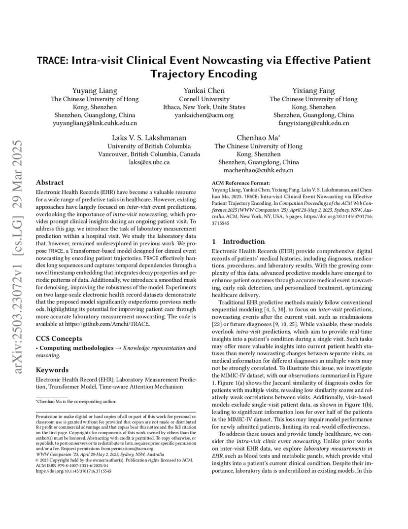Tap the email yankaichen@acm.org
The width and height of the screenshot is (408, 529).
(204, 115)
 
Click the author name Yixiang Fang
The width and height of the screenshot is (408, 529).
(313, 90)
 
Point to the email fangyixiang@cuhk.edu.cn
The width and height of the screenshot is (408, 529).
(313, 123)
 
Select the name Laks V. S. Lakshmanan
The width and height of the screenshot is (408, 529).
(149, 138)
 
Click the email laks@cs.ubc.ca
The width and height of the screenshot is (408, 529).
(149, 162)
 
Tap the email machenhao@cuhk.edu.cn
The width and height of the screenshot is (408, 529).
(258, 170)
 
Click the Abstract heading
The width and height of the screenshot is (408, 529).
(50, 182)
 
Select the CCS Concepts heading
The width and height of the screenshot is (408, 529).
(59, 339)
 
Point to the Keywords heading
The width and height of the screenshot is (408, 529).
(52, 370)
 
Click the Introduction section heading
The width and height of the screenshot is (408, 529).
(243, 241)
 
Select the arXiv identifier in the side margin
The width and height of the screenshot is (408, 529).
(18, 257)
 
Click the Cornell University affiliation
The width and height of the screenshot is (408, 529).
(204, 99)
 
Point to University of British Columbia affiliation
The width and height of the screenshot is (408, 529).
(149, 146)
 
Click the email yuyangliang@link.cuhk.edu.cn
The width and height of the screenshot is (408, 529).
(95, 123)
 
